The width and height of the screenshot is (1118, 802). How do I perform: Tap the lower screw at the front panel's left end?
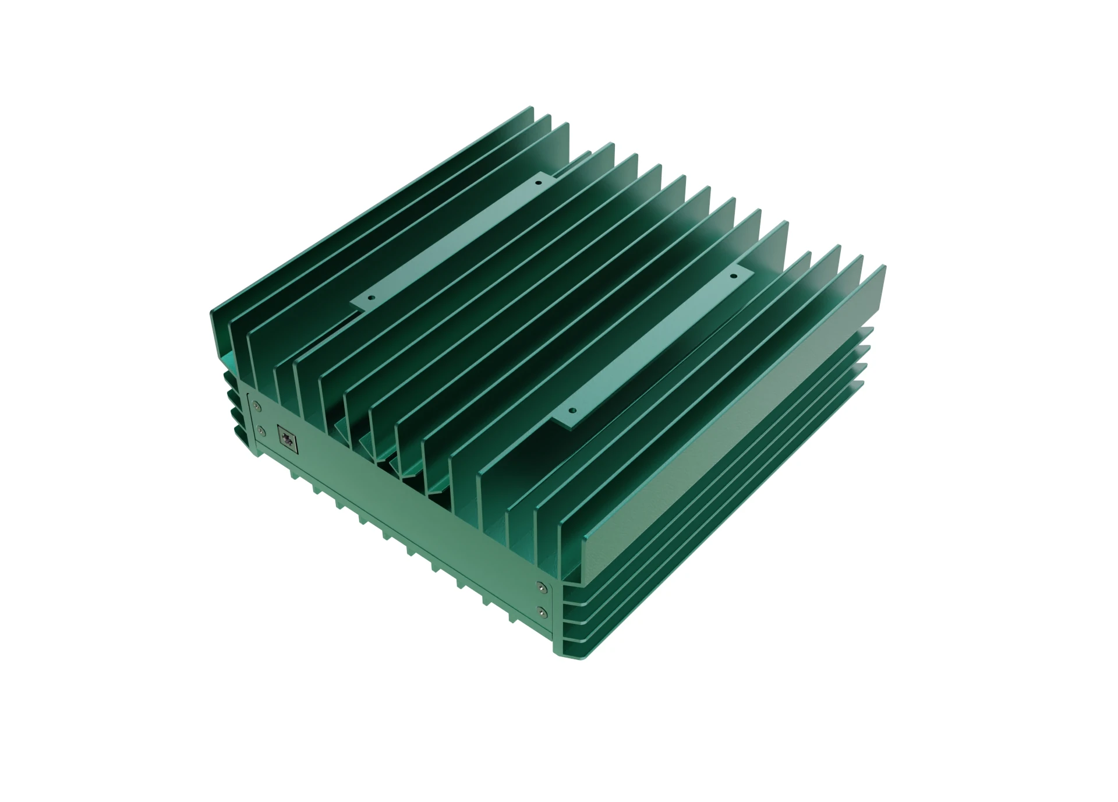coord(261,431)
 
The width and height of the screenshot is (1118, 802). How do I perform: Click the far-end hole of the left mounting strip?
coord(538,182)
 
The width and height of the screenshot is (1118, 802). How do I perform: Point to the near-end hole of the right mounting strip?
coord(571,410)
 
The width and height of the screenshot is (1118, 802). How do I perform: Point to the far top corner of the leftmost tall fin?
coord(531,108)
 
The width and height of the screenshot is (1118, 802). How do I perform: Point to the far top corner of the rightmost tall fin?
coord(884,266)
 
